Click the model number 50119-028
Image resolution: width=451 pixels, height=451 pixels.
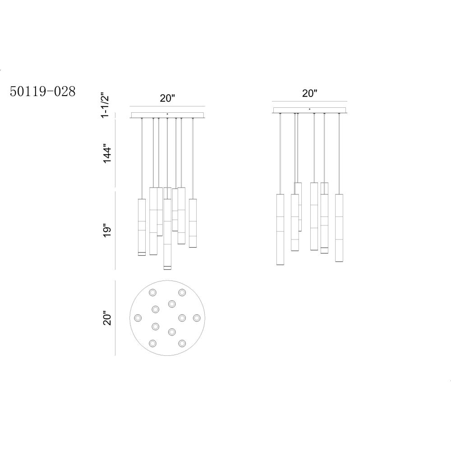coord(42,92)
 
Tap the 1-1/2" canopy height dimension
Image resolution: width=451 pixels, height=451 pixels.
coord(106,105)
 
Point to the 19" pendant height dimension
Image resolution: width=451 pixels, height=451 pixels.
coord(107,230)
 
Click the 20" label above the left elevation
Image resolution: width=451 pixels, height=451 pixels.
coord(167,98)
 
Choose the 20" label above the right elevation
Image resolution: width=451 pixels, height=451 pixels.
coord(309,93)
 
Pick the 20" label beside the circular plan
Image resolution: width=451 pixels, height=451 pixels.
coord(107,318)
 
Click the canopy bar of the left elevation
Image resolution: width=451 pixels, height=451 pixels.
coord(167,115)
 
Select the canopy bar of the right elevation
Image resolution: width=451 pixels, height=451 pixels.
coord(309,110)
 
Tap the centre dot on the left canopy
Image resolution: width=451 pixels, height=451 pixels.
coord(167,114)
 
